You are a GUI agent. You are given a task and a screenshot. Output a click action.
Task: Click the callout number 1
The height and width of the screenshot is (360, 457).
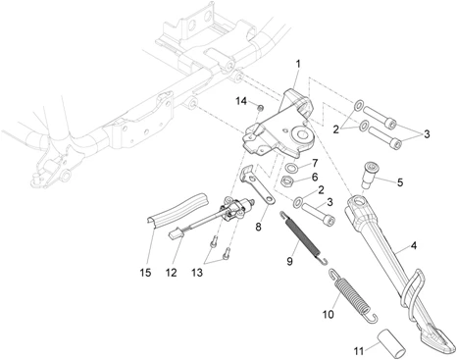(x=298, y=64)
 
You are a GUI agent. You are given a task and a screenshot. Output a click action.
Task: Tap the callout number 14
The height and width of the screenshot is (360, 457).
(x=241, y=101)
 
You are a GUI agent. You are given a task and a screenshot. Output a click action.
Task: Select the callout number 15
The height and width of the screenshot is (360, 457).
(x=146, y=273)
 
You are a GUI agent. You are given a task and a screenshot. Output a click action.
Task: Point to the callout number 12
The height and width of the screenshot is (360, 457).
(x=172, y=273)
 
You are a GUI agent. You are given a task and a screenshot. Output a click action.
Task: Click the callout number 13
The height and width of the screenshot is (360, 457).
(x=197, y=273)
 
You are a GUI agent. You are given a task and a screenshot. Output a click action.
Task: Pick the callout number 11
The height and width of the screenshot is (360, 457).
(x=359, y=351)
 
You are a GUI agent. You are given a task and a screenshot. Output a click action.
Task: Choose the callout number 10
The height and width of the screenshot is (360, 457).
(x=329, y=314)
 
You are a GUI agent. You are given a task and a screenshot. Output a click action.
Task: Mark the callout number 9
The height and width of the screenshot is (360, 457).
(x=289, y=261)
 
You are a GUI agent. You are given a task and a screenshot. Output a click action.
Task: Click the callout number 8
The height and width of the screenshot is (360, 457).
(x=258, y=227)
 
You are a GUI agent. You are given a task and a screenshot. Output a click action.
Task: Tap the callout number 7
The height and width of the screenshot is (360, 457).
(x=315, y=163)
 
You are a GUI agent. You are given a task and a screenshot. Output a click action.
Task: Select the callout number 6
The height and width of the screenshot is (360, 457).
(x=315, y=177)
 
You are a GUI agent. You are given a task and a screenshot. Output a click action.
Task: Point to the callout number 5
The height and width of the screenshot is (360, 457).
(x=400, y=182)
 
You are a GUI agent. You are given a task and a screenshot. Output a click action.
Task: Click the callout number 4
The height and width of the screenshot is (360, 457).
(x=414, y=245)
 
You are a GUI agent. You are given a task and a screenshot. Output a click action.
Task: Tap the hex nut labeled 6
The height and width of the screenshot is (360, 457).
(x=287, y=180)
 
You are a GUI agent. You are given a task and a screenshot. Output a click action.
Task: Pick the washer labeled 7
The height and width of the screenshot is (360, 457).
(x=290, y=168)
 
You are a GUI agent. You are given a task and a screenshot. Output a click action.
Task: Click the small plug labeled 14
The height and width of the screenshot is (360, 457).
(x=261, y=108)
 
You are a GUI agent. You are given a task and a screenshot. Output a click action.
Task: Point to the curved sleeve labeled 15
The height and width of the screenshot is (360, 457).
(x=177, y=210)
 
